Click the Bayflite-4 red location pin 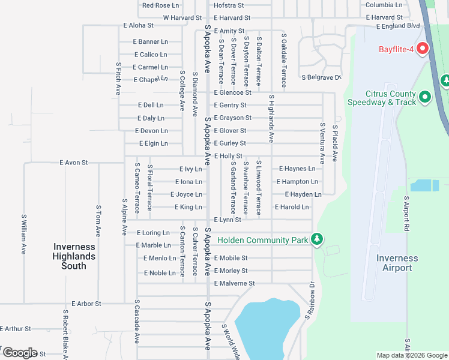click(422, 49)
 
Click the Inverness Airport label click(397, 263)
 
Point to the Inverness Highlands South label click(74, 256)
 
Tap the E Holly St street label click(228, 156)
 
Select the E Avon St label click(74, 163)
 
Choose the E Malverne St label click(234, 283)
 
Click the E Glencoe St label click(232, 92)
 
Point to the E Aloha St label click(139, 26)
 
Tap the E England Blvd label click(398, 26)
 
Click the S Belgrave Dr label click(321, 77)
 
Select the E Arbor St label click(86, 304)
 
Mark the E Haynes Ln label click(296, 169)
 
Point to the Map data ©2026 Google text click(411, 356)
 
